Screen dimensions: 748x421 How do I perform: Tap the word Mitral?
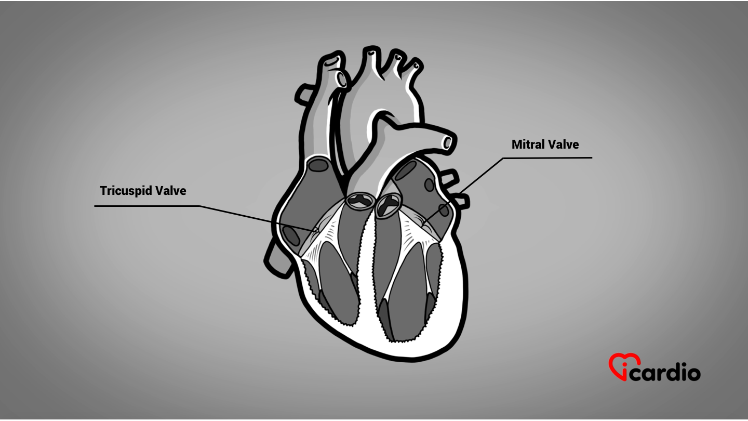(x=527, y=144)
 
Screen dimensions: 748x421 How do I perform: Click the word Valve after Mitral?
(x=564, y=144)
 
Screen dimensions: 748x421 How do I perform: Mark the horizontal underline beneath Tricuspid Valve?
(x=148, y=206)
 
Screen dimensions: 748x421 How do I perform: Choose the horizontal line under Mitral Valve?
(x=547, y=157)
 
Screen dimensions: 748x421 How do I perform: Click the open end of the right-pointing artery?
(x=447, y=142)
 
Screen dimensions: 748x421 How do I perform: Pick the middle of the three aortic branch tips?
(x=398, y=58)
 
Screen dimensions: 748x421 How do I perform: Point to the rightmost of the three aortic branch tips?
(x=416, y=66)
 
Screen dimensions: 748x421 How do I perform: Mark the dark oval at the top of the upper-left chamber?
(x=318, y=165)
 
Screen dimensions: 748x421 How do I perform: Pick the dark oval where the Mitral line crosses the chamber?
(x=444, y=210)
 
